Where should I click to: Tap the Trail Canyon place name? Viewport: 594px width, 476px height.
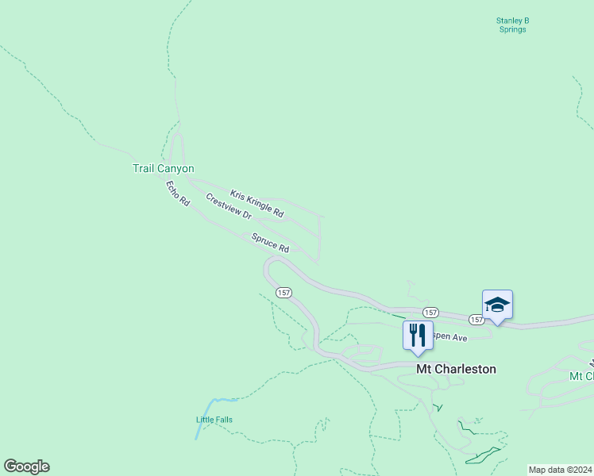[163, 168]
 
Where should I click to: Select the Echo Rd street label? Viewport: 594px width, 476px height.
[178, 194]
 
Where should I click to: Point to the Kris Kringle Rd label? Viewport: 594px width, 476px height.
[256, 204]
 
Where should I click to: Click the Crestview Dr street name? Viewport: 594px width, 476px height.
[229, 207]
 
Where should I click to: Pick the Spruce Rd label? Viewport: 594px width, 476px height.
[270, 243]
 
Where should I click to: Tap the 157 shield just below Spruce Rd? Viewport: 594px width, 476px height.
[283, 293]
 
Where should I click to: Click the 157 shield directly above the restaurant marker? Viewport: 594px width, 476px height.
[430, 313]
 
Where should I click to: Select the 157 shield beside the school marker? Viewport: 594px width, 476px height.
[476, 320]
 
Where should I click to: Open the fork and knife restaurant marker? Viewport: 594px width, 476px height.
[418, 335]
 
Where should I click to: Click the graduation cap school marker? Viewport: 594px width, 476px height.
[497, 305]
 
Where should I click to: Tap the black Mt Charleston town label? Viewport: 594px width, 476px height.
[456, 369]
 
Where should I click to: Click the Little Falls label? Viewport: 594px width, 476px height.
[214, 420]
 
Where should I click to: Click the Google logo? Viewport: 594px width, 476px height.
[26, 466]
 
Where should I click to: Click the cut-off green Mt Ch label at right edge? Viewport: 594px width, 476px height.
[581, 375]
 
